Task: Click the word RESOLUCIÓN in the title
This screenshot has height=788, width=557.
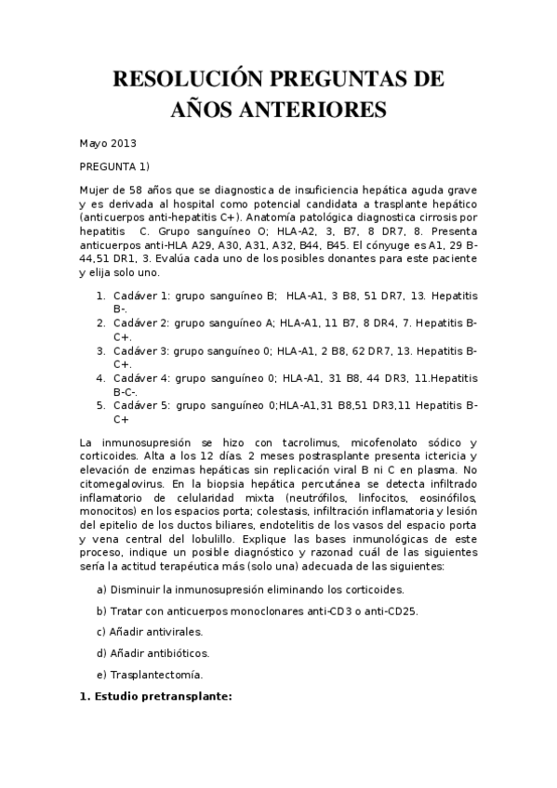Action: point(180,79)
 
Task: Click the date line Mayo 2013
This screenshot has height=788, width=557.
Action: point(108,143)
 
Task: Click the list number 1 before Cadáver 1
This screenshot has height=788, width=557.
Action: point(101,295)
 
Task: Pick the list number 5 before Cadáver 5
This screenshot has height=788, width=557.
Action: point(101,405)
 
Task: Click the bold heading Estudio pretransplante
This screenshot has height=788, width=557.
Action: point(159,696)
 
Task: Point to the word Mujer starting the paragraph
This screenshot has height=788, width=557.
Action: point(95,189)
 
